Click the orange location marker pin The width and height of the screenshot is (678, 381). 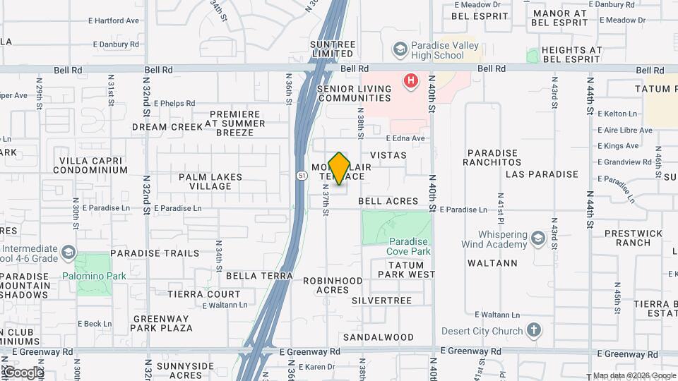(x=339, y=168)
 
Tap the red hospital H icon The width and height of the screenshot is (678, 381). (x=410, y=81)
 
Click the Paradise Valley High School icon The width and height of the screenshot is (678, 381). (x=400, y=50)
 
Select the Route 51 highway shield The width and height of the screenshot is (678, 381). (x=302, y=175)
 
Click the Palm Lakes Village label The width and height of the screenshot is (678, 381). (x=210, y=181)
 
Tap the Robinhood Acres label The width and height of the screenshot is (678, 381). (x=333, y=285)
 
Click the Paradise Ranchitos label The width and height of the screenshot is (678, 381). (x=502, y=157)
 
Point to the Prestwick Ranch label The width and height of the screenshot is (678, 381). (x=634, y=238)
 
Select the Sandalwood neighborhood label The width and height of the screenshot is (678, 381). (x=379, y=337)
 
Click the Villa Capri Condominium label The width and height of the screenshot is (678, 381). (x=94, y=165)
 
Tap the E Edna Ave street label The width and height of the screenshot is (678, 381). (x=406, y=138)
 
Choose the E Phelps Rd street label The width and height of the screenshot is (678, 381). (x=174, y=103)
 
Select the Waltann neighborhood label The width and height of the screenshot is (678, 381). (x=492, y=263)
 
